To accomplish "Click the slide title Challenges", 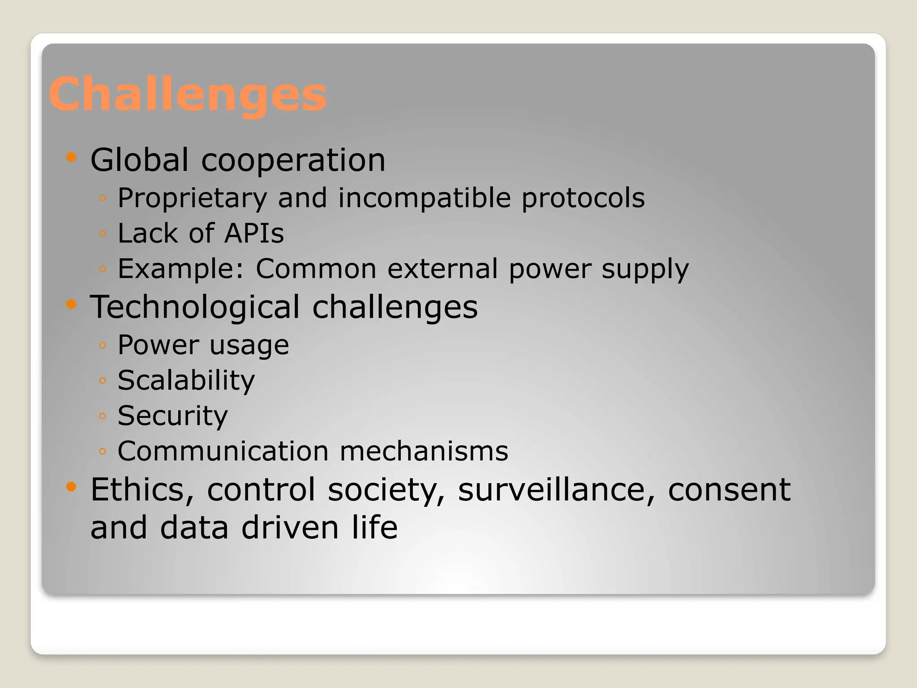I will pos(188,95).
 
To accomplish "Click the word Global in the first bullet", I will pos(139,160).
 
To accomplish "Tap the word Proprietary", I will pos(192,198).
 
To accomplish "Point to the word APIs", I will pos(254,233).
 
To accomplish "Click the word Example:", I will pos(181,269).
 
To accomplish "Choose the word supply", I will pos(645,269).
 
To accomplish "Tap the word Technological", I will pos(195,307).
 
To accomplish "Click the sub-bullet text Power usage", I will pos(203,345).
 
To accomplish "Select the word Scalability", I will pos(186,381).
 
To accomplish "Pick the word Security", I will pos(172,416).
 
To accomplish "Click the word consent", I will pos(729,490).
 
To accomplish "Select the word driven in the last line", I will pos(290,528).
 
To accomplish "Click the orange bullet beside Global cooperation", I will pos(71,157).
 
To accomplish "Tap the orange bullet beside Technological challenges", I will pos(71,305).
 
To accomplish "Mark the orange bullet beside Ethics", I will pos(71,486).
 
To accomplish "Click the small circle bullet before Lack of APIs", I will pos(103,233).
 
